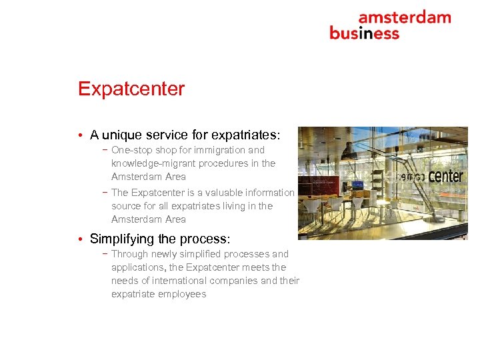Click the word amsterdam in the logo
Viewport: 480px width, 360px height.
tap(405, 17)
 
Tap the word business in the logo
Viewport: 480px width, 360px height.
tap(364, 33)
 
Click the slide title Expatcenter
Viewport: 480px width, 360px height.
tap(131, 89)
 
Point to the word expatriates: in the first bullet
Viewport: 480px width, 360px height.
tap(247, 135)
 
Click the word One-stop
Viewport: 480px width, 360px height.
tap(132, 150)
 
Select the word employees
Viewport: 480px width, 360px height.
tap(182, 294)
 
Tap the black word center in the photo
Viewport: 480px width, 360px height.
tap(445, 176)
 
